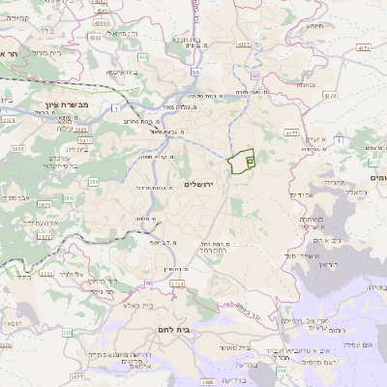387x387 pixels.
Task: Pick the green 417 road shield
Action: [x=290, y=131]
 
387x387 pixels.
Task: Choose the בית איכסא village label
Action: [x=121, y=72]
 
